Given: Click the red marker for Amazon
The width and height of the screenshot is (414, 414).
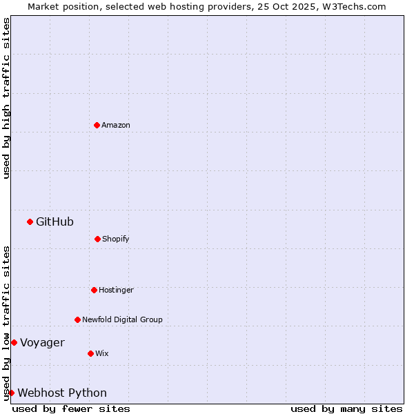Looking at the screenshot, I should [97, 125].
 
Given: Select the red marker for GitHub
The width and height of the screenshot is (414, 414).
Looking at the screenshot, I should [30, 221].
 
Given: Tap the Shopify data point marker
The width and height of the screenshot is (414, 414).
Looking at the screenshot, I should [97, 239].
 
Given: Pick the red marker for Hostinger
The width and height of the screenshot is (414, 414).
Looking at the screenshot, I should [94, 290].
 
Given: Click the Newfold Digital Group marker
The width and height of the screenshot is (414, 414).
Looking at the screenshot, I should [77, 319].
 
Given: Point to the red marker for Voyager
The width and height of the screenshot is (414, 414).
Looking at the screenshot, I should [14, 342].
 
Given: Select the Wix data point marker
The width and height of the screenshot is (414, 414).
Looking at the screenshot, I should [90, 353].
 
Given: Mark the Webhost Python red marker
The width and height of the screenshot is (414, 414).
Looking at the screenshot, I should [11, 393].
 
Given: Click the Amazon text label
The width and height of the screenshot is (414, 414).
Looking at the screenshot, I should [116, 125].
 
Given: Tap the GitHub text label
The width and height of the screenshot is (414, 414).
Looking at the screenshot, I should [55, 221].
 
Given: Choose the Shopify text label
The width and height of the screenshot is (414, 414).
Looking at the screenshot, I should [116, 239].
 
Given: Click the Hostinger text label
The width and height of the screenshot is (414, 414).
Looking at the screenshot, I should [116, 290].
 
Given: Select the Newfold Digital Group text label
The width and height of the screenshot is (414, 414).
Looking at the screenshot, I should [122, 319].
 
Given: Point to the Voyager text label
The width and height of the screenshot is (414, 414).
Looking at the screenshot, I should [42, 342].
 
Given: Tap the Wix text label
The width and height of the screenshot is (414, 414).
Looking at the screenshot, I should [102, 353].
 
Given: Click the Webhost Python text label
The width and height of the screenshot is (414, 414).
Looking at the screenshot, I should [62, 393].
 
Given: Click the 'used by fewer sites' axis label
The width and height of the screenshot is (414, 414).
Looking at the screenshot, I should [71, 408].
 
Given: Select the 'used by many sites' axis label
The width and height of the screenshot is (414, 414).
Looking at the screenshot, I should [346, 408].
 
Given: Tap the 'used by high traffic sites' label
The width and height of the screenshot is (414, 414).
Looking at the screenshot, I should [6, 98].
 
